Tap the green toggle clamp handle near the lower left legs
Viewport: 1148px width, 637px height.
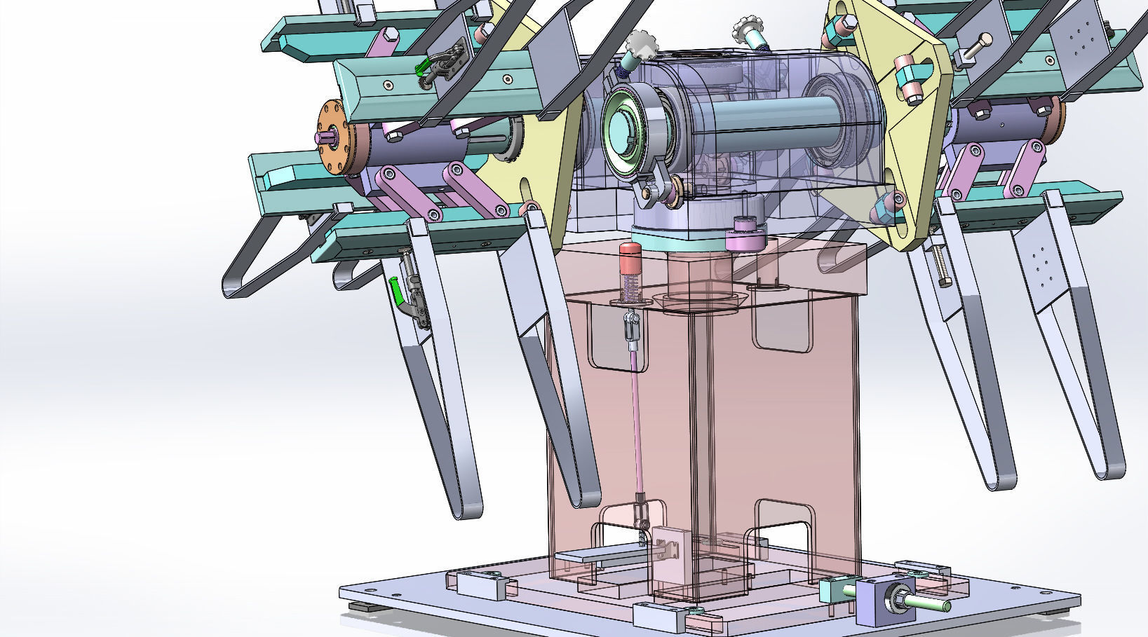(396, 291)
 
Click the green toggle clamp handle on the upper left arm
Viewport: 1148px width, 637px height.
(422, 67)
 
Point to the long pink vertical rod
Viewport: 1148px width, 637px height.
(637, 420)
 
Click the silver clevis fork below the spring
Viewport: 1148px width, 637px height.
(631, 328)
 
